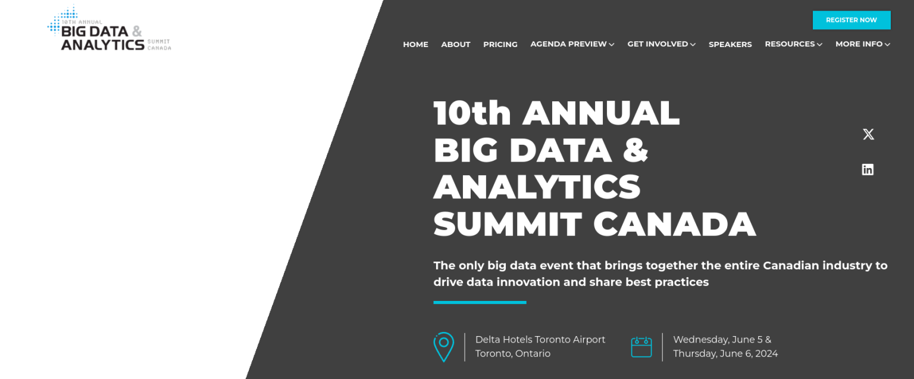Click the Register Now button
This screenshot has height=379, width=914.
click(x=851, y=20)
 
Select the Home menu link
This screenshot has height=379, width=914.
click(x=415, y=45)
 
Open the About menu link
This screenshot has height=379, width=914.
click(x=456, y=45)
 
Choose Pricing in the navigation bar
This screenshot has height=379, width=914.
click(x=500, y=45)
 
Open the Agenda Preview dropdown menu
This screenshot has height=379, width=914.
click(x=572, y=44)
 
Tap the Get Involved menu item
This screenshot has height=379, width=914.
click(x=661, y=44)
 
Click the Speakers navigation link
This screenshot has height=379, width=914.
click(x=730, y=45)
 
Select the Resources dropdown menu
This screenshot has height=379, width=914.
click(x=793, y=44)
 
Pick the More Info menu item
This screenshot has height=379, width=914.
click(x=862, y=44)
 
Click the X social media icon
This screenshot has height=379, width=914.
click(x=868, y=135)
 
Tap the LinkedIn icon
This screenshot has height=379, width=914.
click(x=868, y=170)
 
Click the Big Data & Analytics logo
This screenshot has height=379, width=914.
click(x=109, y=30)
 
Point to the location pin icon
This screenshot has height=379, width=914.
click(x=443, y=346)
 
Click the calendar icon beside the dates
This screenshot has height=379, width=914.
click(x=641, y=347)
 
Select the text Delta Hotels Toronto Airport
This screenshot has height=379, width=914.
click(x=540, y=340)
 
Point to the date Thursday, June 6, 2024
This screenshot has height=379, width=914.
click(x=725, y=353)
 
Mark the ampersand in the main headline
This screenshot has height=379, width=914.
click(x=636, y=150)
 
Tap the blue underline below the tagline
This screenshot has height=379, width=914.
click(x=480, y=303)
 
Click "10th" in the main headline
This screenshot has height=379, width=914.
click(x=472, y=113)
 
